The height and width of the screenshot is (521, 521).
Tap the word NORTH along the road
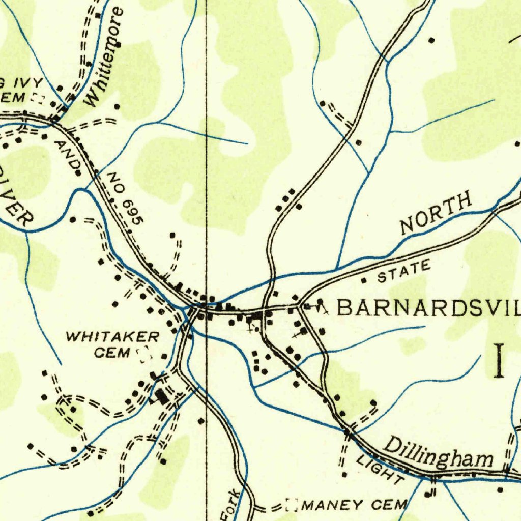point(436,213)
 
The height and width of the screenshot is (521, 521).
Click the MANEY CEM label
point(355,505)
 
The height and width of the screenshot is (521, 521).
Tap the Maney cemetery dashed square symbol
point(292,505)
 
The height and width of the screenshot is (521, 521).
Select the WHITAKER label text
point(112,336)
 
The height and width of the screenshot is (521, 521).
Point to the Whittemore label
point(105,57)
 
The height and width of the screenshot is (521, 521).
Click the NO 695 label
point(126,198)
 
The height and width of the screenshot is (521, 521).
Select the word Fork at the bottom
point(230,505)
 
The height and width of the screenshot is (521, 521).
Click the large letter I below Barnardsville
point(500,361)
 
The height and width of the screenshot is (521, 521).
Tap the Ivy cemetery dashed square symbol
point(37,99)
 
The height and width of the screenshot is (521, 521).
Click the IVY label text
point(28,83)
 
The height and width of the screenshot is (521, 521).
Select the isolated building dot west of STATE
point(363,280)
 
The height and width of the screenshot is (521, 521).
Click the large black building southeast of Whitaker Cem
point(162,396)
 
